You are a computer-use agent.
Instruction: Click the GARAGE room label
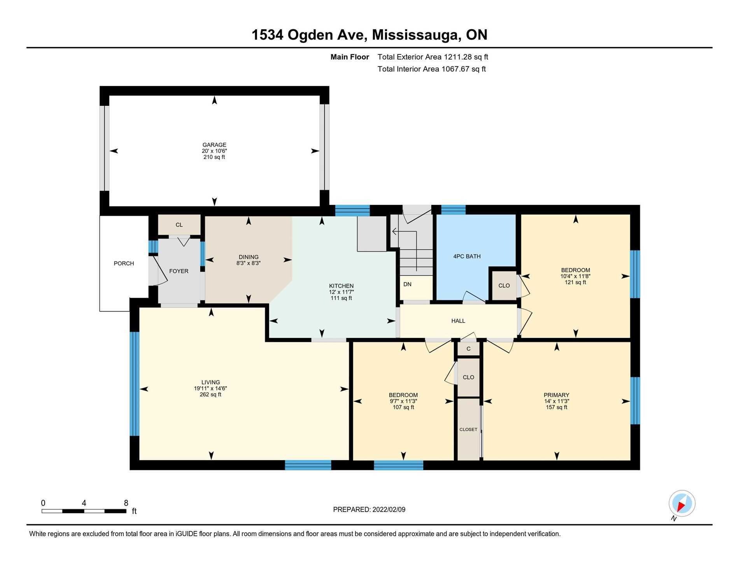(214, 145)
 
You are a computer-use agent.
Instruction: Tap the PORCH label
(124, 263)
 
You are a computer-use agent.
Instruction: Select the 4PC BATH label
(467, 256)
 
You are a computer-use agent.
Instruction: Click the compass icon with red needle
(682, 503)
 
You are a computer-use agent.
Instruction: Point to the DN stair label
(407, 284)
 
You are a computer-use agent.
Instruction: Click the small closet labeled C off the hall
(468, 349)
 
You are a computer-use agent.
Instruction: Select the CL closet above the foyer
(179, 225)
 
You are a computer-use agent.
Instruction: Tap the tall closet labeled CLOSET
(468, 429)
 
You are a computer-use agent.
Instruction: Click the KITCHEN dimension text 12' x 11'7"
(341, 292)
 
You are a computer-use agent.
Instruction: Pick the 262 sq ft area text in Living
(210, 394)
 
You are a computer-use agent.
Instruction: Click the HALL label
(458, 321)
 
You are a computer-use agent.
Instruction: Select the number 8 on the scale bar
(126, 503)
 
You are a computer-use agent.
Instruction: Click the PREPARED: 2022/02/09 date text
(369, 510)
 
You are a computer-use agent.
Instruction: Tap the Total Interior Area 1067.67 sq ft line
(431, 69)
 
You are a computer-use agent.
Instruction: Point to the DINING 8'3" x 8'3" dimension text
(249, 263)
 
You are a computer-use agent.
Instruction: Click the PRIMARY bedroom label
(556, 395)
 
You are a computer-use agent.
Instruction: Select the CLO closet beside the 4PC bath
(504, 285)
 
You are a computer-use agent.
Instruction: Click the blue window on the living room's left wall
(134, 384)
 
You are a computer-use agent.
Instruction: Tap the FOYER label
(179, 271)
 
